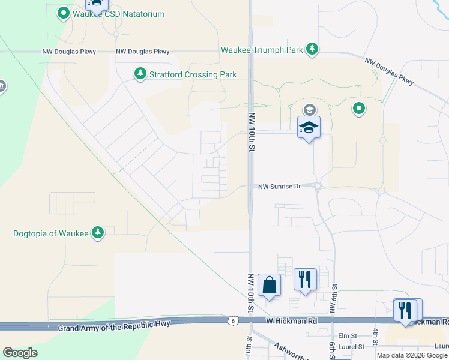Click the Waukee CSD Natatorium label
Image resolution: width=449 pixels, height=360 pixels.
tap(119, 14)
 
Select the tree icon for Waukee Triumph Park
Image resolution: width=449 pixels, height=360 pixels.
tap(312, 49)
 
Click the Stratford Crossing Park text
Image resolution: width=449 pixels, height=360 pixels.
tap(193, 74)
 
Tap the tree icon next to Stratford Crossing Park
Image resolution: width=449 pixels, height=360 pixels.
tap(140, 74)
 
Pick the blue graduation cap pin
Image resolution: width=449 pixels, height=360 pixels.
tap(309, 128)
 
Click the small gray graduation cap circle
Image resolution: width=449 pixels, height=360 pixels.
tap(309, 110)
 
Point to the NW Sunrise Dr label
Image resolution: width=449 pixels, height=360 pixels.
tap(279, 187)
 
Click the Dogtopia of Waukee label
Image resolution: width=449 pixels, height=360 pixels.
tap(51, 233)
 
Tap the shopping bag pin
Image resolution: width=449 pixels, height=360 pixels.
tap(270, 285)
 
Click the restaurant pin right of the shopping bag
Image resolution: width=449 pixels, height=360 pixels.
tap(304, 280)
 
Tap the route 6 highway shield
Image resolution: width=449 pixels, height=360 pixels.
tap(232, 322)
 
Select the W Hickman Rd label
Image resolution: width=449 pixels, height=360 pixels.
tap(291, 321)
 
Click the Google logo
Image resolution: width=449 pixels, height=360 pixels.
tap(20, 352)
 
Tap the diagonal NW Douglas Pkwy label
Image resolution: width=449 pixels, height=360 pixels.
tap(390, 71)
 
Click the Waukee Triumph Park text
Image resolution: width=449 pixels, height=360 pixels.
tap(262, 50)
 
